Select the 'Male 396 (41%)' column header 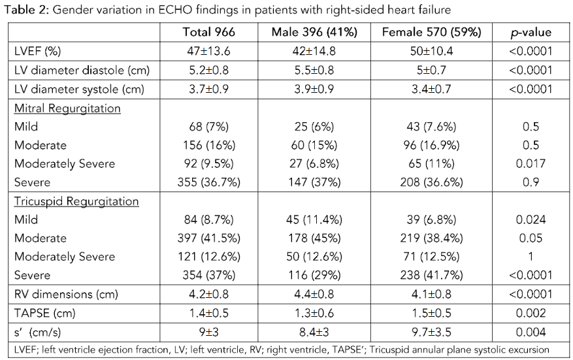point(314,32)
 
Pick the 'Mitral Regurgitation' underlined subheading point(67,108)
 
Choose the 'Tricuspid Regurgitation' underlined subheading point(76,201)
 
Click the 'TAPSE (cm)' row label point(46,314)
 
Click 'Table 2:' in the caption point(24,10)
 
